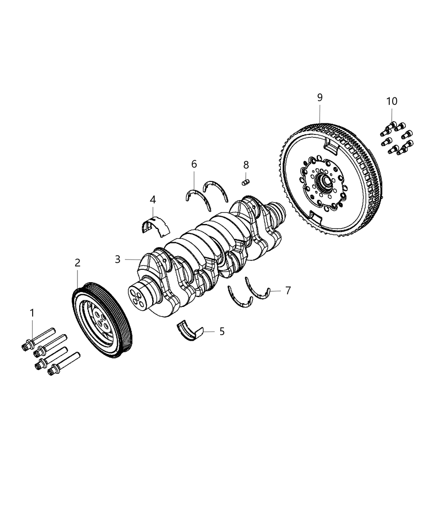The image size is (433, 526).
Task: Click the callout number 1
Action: (32, 314)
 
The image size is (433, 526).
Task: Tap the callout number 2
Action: (78, 262)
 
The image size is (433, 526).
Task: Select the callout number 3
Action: (118, 259)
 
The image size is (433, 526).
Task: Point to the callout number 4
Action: (153, 200)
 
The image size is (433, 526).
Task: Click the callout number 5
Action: (222, 331)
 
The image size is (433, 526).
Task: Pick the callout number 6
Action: (194, 164)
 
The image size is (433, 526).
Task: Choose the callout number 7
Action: (288, 290)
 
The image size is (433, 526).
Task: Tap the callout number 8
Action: (246, 165)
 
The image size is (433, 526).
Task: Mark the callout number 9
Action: (320, 97)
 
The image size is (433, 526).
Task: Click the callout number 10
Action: (392, 101)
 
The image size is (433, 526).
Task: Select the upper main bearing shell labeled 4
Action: (155, 226)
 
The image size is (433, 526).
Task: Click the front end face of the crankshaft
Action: (138, 298)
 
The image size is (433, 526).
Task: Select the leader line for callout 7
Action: (275, 291)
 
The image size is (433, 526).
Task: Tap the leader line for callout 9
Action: (320, 113)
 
